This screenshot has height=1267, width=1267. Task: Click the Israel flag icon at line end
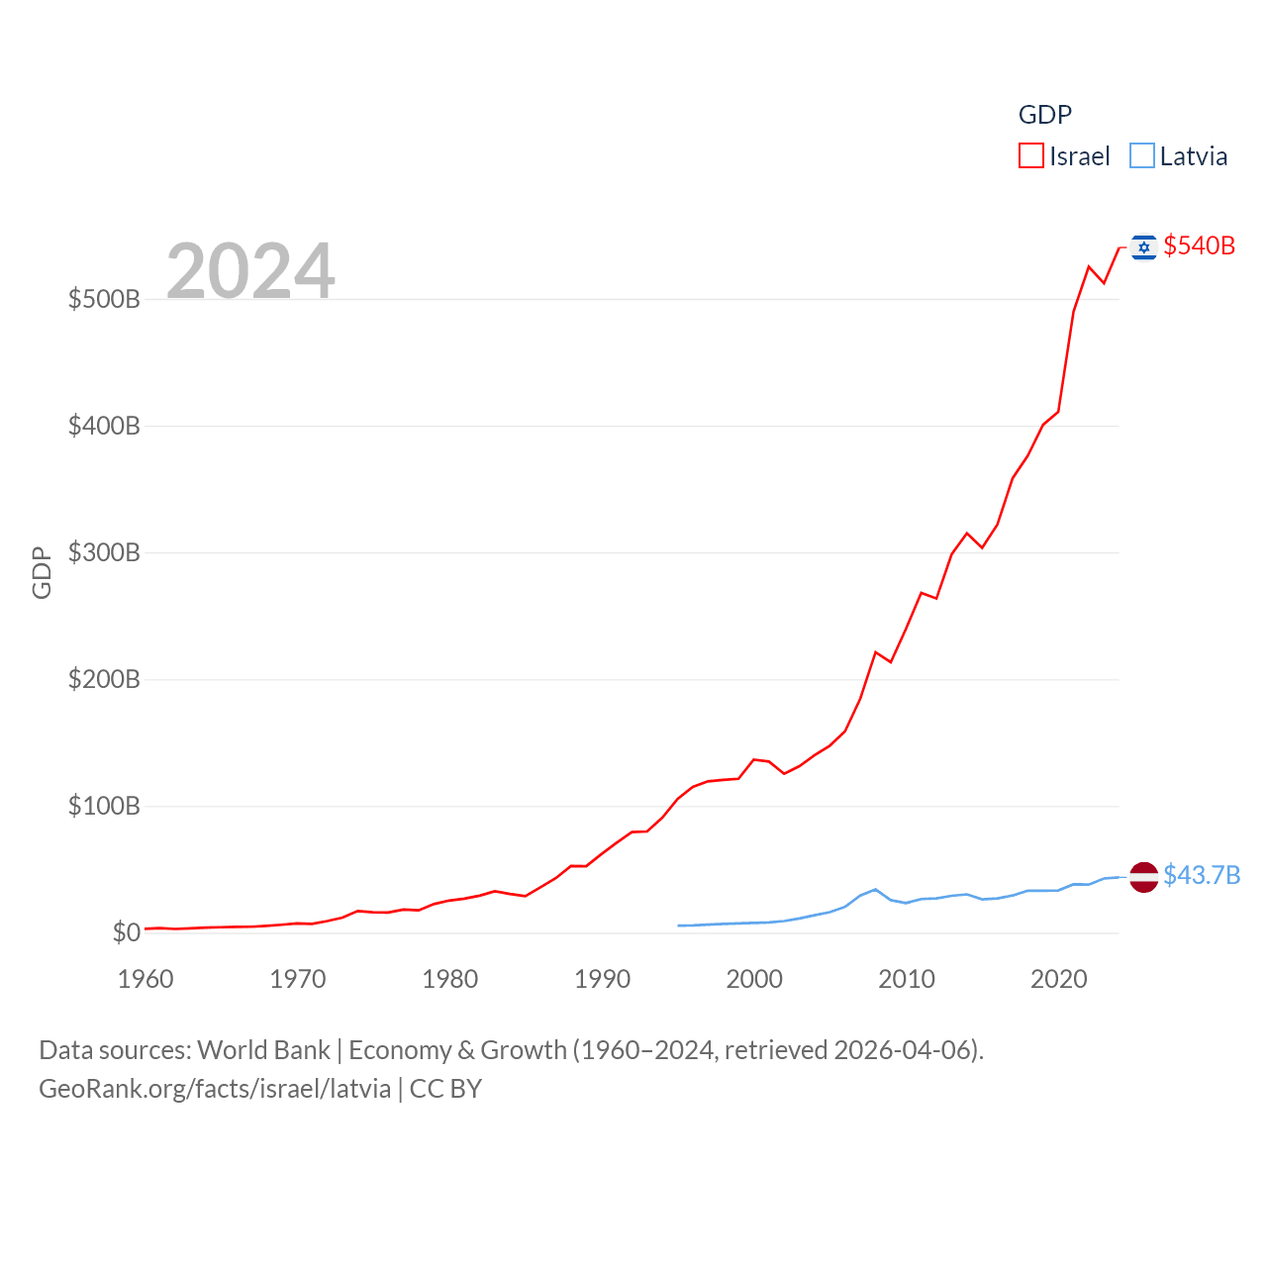(x=1144, y=246)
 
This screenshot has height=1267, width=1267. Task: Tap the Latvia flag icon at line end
(x=1144, y=877)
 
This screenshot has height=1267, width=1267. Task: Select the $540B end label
(x=1199, y=245)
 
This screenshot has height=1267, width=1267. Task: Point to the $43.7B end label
(x=1202, y=875)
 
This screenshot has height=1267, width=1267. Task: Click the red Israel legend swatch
(x=1031, y=156)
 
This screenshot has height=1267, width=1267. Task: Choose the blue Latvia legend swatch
(x=1142, y=156)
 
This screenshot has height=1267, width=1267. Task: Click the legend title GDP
(x=1045, y=115)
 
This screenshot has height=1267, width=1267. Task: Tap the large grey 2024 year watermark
(x=250, y=271)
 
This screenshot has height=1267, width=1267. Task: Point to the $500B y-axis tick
(x=104, y=299)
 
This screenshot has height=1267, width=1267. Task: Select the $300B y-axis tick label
(x=104, y=552)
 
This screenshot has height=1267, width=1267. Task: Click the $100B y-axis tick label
(x=104, y=806)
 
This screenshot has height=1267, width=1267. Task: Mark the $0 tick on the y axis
(x=126, y=932)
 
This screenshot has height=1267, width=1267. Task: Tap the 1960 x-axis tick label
(x=146, y=979)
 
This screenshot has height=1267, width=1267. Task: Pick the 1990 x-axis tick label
(x=602, y=979)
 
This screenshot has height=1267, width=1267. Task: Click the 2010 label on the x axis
(x=907, y=979)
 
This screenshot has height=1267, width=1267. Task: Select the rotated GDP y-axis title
(x=42, y=572)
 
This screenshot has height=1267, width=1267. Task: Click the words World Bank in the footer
(x=263, y=1050)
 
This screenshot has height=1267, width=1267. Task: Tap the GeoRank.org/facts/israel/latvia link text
(x=215, y=1089)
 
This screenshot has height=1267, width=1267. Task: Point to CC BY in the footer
(x=445, y=1089)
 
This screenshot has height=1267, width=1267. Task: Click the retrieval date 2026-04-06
(x=905, y=1050)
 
